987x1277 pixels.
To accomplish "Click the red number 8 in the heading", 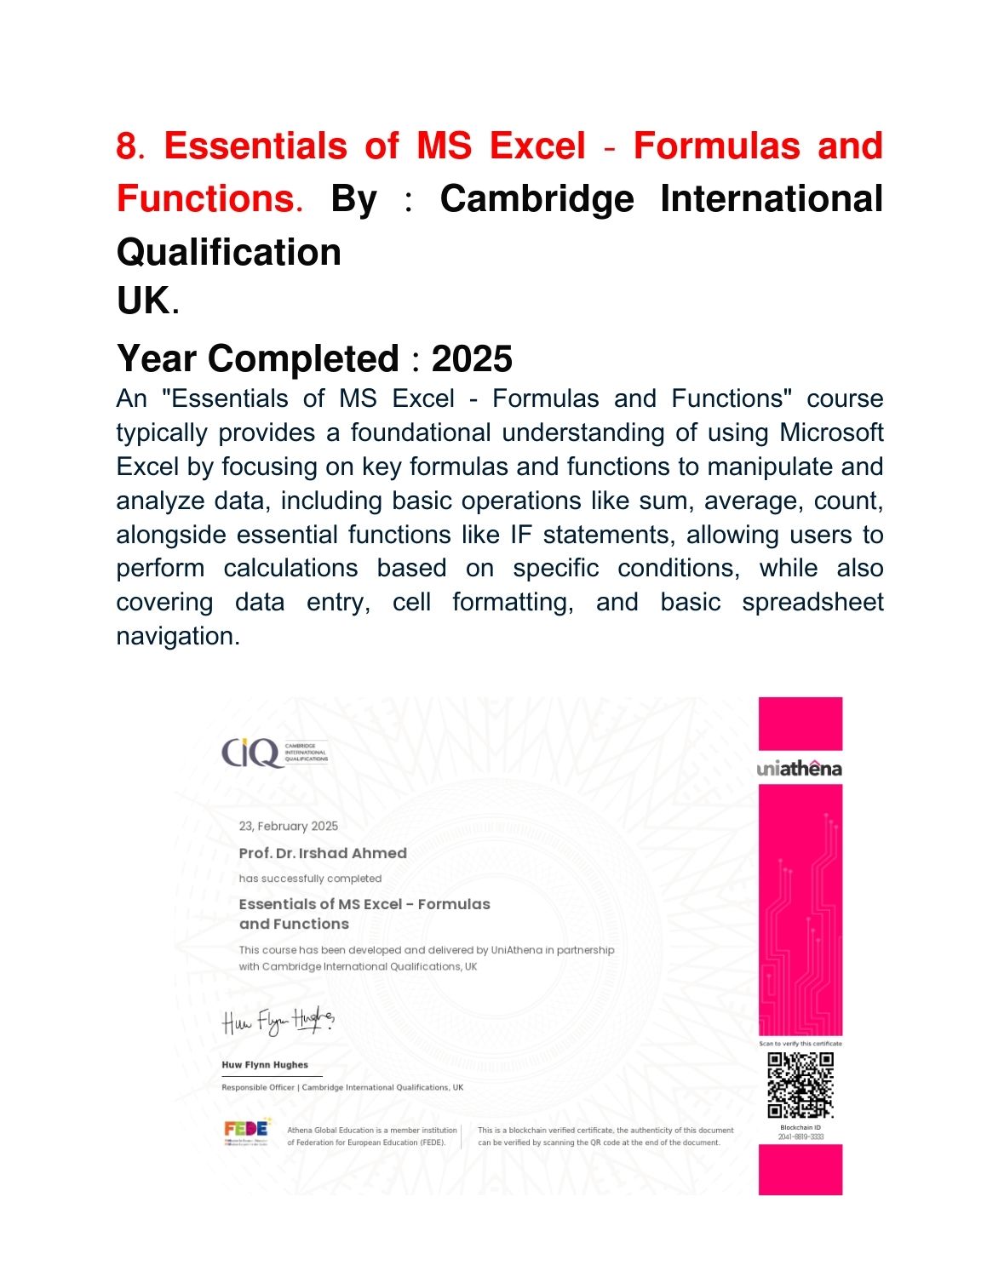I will pyautogui.click(x=126, y=146).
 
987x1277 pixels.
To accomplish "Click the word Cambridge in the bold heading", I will pyautogui.click(x=537, y=199).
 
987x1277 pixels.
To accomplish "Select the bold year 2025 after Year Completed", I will pyautogui.click(x=472, y=359).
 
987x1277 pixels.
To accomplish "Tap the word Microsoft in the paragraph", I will pyautogui.click(x=831, y=432).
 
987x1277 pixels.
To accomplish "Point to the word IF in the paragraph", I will pyautogui.click(x=521, y=535).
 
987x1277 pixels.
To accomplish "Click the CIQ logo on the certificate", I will pyautogui.click(x=250, y=753).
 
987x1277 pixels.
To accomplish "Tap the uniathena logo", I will pyautogui.click(x=799, y=769).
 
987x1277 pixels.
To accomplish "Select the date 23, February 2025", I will pyautogui.click(x=288, y=826).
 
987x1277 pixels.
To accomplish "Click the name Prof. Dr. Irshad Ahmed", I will pyautogui.click(x=323, y=853).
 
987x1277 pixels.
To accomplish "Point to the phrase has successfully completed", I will pyautogui.click(x=310, y=879).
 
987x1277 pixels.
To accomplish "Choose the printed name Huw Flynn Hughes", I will pyautogui.click(x=265, y=1065).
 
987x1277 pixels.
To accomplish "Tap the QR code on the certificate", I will pyautogui.click(x=801, y=1085).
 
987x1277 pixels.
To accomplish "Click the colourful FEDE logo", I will pyautogui.click(x=246, y=1130).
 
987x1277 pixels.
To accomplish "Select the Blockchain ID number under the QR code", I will pyautogui.click(x=801, y=1137).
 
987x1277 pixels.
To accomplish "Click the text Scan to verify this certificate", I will pyautogui.click(x=801, y=1044).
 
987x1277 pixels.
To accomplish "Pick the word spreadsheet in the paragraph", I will pyautogui.click(x=812, y=602).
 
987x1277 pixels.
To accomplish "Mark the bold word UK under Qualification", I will pyautogui.click(x=143, y=301).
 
